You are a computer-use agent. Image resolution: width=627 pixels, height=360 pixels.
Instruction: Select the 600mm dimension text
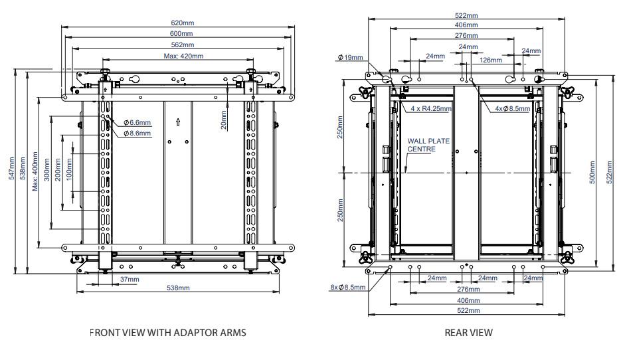click(x=180, y=33)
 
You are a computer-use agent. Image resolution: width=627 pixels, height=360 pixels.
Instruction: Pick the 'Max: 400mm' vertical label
click(x=35, y=173)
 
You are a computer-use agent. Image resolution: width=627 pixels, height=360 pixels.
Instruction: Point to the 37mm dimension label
click(x=130, y=280)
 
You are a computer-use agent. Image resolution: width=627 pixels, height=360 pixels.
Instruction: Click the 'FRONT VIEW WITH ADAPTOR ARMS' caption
click(x=168, y=333)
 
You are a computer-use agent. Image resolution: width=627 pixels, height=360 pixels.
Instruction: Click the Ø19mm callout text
click(x=351, y=58)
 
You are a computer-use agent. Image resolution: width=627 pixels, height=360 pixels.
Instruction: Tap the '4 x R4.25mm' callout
click(x=430, y=108)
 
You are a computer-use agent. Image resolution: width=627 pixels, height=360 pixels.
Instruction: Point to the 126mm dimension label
click(x=490, y=60)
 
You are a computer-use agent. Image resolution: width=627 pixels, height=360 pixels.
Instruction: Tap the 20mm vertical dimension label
click(x=224, y=120)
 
